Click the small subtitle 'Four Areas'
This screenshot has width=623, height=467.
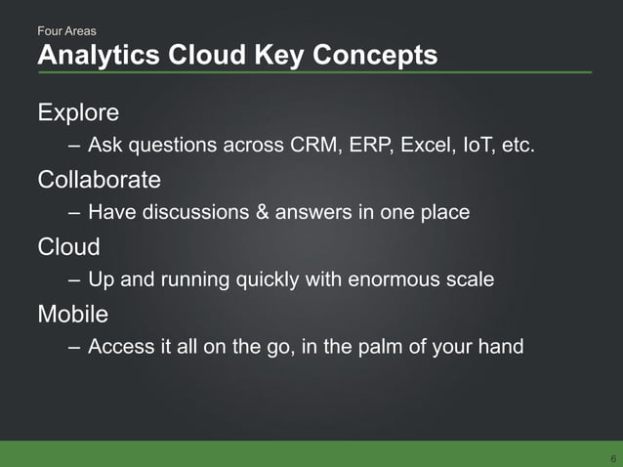pyautogui.click(x=66, y=32)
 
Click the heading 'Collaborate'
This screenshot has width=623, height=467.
pyautogui.click(x=99, y=180)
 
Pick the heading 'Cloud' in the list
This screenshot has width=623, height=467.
pyautogui.click(x=68, y=247)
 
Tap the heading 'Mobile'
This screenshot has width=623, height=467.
pyautogui.click(x=72, y=315)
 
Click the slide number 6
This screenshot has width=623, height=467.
pyautogui.click(x=612, y=458)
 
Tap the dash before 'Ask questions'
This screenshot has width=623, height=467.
pyautogui.click(x=75, y=147)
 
